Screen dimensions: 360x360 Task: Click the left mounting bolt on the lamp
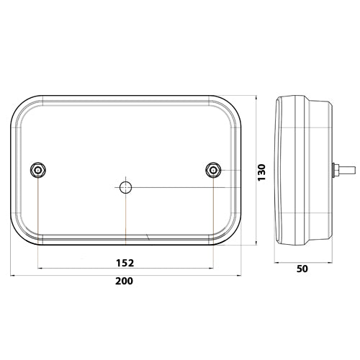pyautogui.click(x=37, y=169)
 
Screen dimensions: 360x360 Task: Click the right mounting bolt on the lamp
pyautogui.click(x=212, y=169)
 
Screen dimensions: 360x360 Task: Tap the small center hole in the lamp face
pyautogui.click(x=125, y=187)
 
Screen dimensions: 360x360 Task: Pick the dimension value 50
pyautogui.click(x=302, y=269)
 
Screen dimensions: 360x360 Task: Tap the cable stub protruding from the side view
pyautogui.click(x=346, y=171)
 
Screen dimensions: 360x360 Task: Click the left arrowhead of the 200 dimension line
pyautogui.click(x=13, y=274)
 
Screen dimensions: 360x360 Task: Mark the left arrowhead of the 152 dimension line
pyautogui.click(x=40, y=268)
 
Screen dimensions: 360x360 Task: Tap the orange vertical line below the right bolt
pyautogui.click(x=213, y=216)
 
